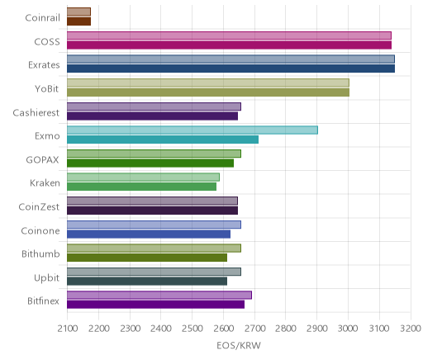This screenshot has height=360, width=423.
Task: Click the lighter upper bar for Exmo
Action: (x=192, y=130)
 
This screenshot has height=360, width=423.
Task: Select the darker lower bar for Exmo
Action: (x=163, y=140)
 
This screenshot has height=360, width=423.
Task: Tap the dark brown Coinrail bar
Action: (x=78, y=21)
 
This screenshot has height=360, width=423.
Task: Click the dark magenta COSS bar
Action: (x=229, y=45)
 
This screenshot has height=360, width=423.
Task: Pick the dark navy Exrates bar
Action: (x=231, y=69)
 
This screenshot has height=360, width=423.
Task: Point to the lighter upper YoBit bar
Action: (x=208, y=83)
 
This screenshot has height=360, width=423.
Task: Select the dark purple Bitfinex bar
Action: (x=155, y=305)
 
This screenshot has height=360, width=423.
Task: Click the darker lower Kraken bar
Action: (x=141, y=187)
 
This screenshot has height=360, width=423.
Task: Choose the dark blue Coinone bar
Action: (x=149, y=234)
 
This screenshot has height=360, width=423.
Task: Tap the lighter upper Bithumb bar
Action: (x=154, y=248)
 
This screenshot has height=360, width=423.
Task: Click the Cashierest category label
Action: (x=36, y=113)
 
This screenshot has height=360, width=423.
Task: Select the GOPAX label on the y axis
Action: (x=42, y=160)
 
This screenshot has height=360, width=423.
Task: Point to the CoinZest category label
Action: (x=39, y=207)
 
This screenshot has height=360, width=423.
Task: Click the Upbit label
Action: (x=46, y=277)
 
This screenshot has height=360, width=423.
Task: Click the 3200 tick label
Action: (x=411, y=329)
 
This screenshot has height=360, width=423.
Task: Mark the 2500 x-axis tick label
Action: (x=192, y=329)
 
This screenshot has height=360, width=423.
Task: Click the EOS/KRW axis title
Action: (x=239, y=345)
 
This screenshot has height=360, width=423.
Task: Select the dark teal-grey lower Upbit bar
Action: (x=147, y=282)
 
